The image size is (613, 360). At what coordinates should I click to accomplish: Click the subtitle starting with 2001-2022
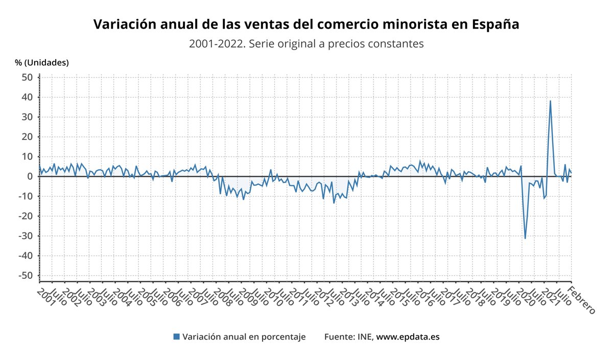click(306, 44)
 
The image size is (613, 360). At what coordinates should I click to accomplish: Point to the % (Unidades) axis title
click(42, 63)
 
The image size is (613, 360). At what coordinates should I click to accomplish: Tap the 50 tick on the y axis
click(27, 77)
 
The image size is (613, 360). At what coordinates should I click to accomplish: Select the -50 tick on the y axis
click(25, 276)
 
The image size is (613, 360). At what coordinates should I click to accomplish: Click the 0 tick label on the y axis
click(30, 177)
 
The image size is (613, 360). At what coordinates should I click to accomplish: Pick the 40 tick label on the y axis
click(27, 97)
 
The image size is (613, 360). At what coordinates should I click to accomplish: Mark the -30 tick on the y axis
click(25, 236)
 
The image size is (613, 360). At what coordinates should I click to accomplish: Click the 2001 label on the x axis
click(45, 297)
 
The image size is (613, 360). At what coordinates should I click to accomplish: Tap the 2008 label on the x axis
click(215, 297)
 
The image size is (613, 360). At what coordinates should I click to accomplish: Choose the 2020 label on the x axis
click(529, 297)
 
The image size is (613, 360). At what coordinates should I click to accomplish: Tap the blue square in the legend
click(177, 337)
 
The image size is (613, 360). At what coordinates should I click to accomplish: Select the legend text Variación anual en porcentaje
click(244, 337)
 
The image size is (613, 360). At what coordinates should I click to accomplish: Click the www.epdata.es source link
click(408, 337)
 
